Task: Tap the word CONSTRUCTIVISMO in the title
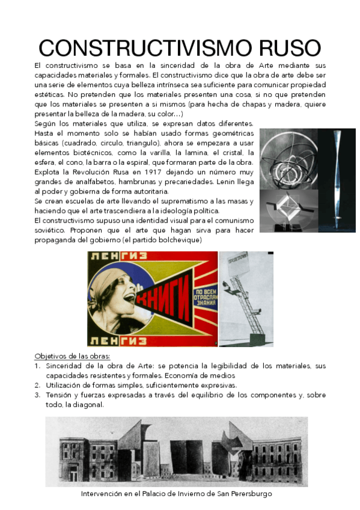pos(139,48)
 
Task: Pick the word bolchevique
pos(177,240)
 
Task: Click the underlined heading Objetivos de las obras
pos(67,356)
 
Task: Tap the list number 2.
pos(37,385)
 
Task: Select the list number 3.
pos(37,395)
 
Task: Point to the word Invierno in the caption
pos(189,493)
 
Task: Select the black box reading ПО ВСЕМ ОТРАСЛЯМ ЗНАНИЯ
pos(203,298)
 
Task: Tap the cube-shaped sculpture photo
pos(287,207)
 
